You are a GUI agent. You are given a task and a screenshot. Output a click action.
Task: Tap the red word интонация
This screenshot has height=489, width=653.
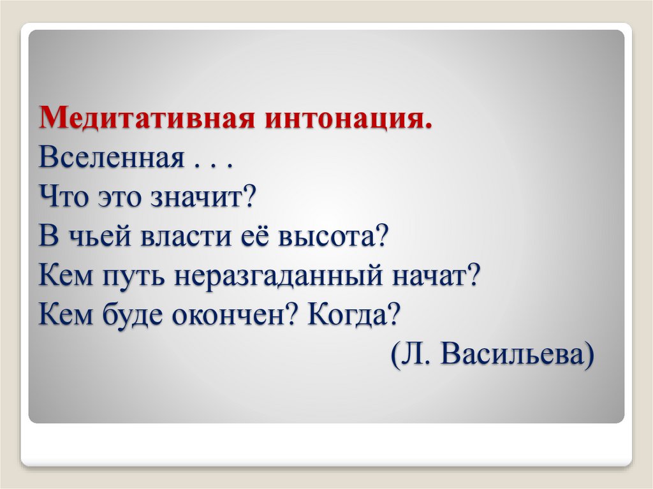pos(347,119)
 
